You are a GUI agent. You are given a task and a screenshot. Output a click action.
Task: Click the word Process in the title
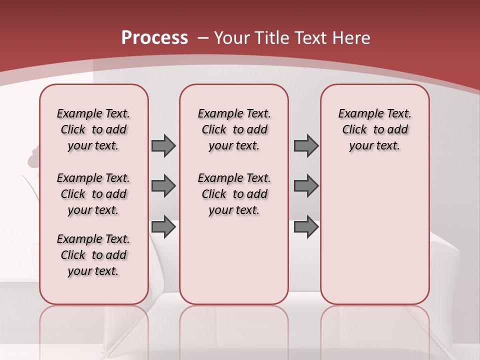pyautogui.click(x=154, y=38)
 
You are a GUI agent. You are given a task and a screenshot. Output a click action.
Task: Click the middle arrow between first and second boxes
pyautogui.click(x=163, y=186)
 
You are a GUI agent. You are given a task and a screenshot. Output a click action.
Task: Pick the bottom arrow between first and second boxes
pyautogui.click(x=163, y=227)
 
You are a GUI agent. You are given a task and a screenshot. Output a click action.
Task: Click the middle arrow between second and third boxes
pyautogui.click(x=306, y=186)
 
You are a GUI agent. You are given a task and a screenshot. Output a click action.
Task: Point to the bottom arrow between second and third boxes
pyautogui.click(x=306, y=227)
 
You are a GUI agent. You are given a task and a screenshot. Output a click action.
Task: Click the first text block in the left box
pyautogui.click(x=93, y=129)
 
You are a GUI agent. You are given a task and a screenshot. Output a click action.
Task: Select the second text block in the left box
pyautogui.click(x=93, y=194)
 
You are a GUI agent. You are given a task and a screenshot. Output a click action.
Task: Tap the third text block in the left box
pyautogui.click(x=93, y=255)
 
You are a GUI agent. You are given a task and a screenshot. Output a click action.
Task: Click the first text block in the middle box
pyautogui.click(x=234, y=129)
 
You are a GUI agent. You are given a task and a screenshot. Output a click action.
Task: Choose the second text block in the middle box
pyautogui.click(x=234, y=194)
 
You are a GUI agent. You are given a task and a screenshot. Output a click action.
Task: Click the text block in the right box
pyautogui.click(x=374, y=129)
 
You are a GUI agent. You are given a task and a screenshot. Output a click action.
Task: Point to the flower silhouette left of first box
pyautogui.click(x=34, y=157)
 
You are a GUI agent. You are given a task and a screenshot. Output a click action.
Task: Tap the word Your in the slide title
pyautogui.click(x=232, y=38)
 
